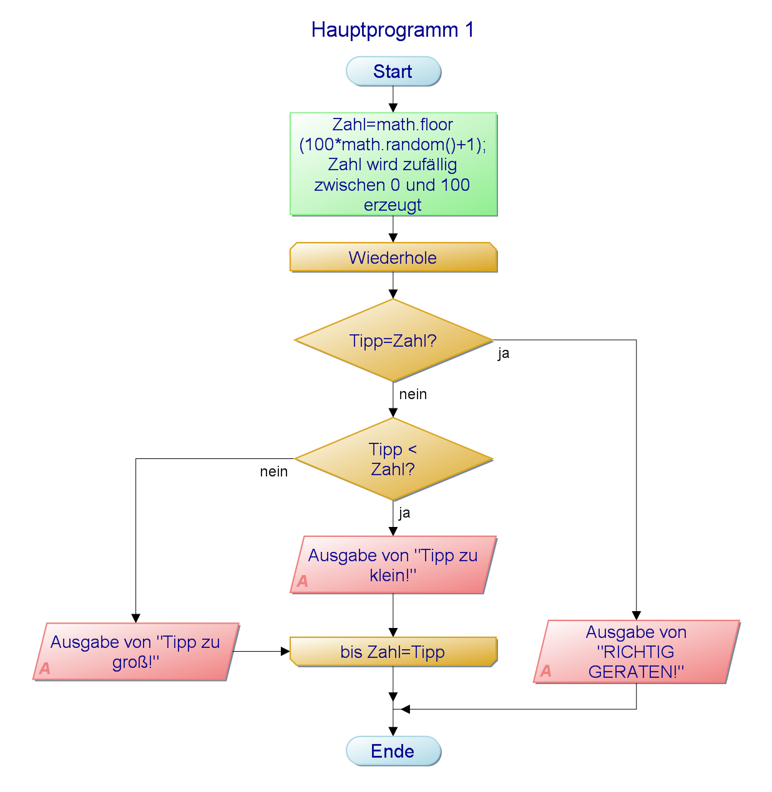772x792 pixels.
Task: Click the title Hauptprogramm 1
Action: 393,30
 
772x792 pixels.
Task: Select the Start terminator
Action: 393,72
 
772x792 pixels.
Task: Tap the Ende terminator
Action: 393,751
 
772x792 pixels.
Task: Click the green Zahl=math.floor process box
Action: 393,164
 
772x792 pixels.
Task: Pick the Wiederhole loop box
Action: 393,258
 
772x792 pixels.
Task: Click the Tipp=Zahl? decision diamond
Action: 393,340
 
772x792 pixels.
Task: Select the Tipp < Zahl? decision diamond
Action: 393,459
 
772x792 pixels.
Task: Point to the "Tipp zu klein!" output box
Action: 393,565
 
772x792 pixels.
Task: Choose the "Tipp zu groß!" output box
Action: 136,652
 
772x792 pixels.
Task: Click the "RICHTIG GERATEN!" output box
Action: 637,652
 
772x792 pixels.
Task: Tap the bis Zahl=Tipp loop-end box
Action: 393,652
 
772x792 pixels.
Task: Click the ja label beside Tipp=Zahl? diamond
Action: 504,354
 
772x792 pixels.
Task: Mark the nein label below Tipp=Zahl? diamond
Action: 413,394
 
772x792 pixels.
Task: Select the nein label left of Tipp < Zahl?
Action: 274,471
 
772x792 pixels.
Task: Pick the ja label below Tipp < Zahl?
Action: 404,513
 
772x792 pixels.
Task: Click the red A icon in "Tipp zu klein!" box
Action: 303,581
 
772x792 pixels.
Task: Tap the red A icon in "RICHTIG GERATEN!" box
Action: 546,671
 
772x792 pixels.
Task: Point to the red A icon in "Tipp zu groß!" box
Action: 45,669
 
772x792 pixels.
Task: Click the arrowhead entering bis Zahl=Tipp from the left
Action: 286,652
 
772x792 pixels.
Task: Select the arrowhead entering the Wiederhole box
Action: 393,238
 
